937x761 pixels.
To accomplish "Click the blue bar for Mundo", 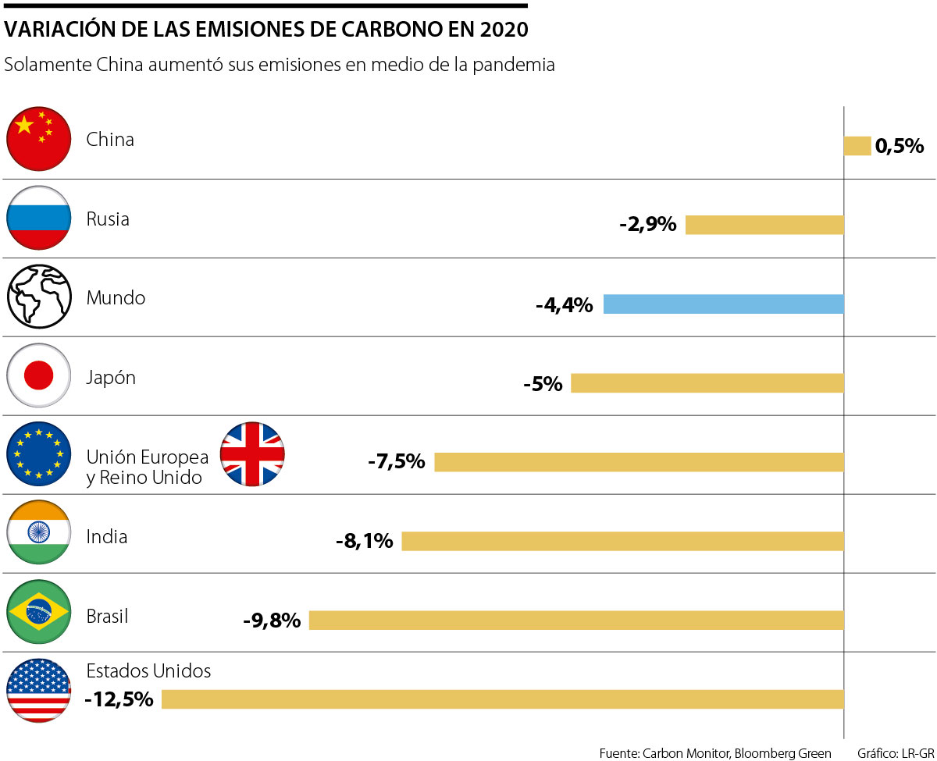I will pyautogui.click(x=724, y=304).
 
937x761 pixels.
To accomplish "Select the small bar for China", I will pyautogui.click(x=857, y=146).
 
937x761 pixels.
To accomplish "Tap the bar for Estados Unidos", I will pyautogui.click(x=503, y=699).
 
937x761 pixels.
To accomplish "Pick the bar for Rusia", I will pyautogui.click(x=765, y=225).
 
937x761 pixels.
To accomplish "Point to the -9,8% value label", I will pyautogui.click(x=272, y=621).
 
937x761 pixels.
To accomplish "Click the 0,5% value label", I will pyautogui.click(x=900, y=146).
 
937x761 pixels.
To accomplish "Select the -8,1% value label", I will pyautogui.click(x=364, y=541).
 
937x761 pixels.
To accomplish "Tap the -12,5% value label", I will pyautogui.click(x=119, y=699).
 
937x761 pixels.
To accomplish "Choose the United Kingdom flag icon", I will pyautogui.click(x=252, y=454).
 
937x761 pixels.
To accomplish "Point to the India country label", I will pyautogui.click(x=107, y=537).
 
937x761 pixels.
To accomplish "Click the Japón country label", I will pyautogui.click(x=111, y=378).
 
